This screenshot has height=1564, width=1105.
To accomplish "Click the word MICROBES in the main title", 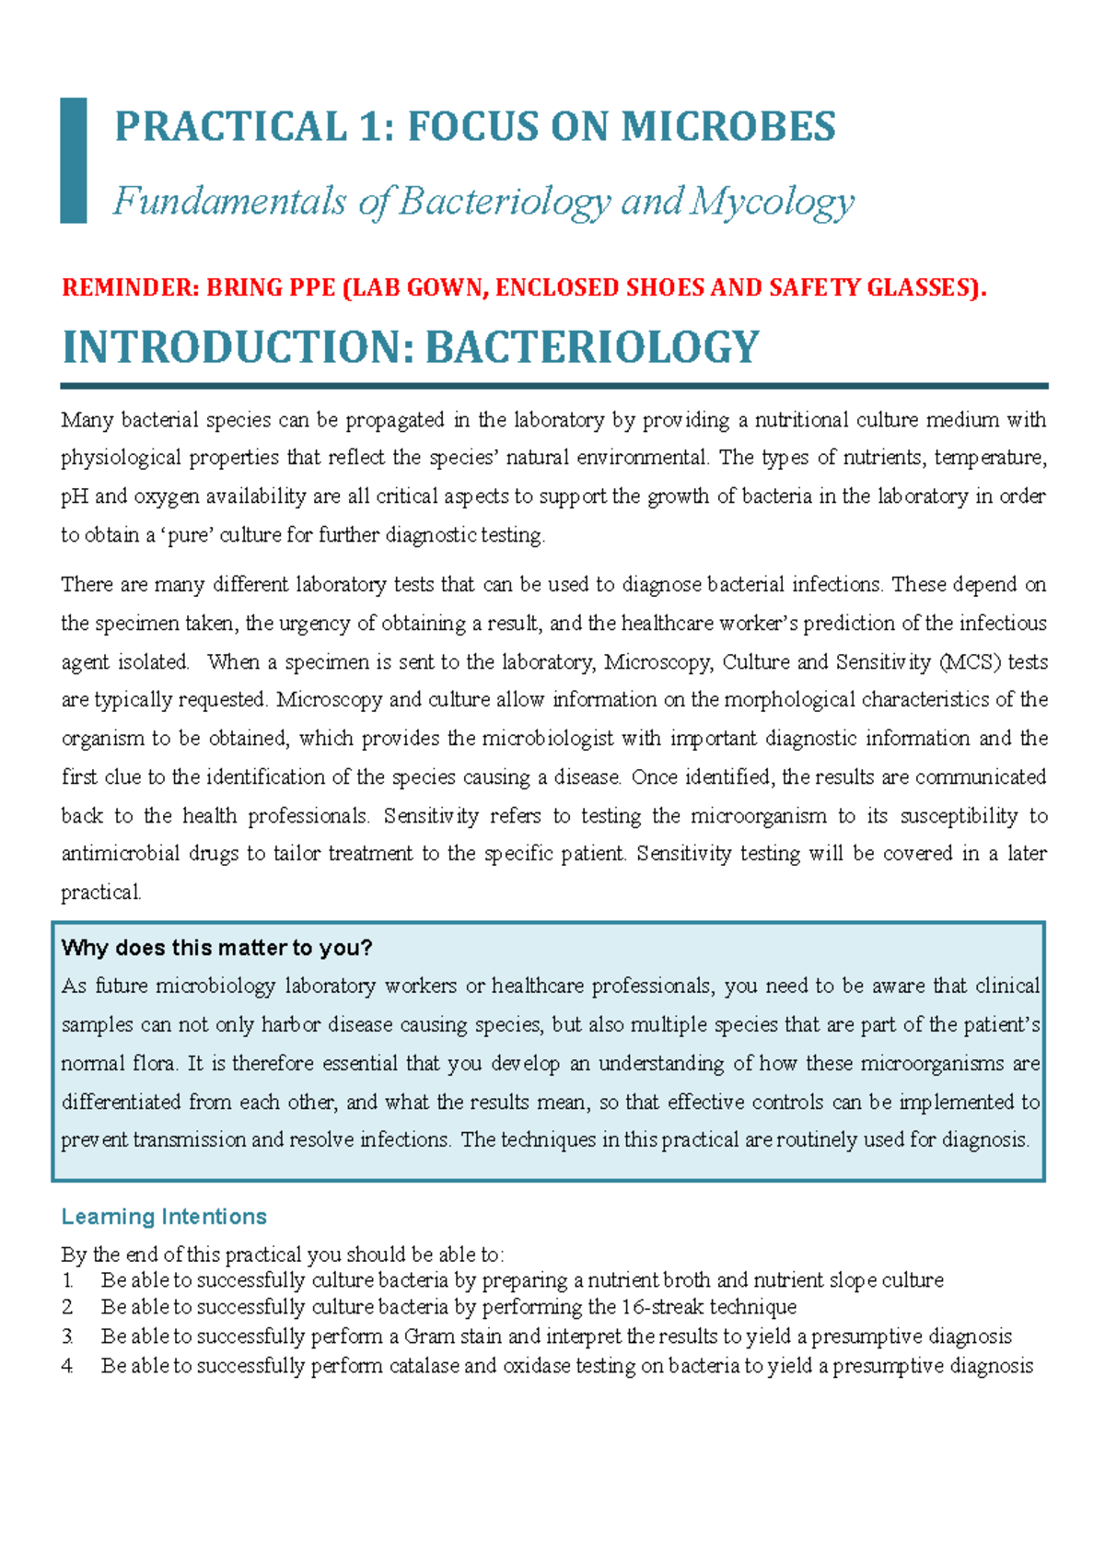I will [728, 126].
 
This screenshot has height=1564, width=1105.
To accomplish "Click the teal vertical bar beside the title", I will [74, 160].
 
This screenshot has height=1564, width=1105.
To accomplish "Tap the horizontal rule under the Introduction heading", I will [552, 386].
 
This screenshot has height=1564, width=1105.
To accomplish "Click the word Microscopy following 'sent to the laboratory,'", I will [657, 662].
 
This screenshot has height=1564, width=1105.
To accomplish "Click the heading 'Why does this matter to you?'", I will [216, 948].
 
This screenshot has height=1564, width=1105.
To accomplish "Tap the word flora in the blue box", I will [152, 1064].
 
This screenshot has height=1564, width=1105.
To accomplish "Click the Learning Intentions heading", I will [164, 1217].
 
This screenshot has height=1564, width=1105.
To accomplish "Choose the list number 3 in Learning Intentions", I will [67, 1336].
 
